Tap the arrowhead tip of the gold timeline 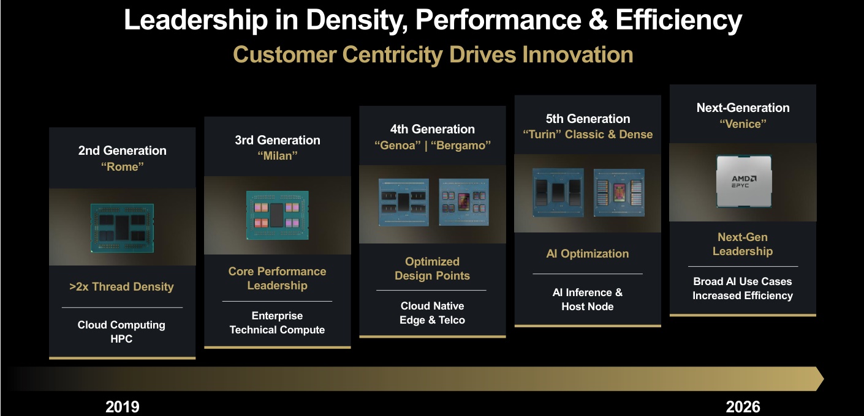coord(824,379)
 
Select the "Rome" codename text coord(123,167)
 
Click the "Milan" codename coord(278,156)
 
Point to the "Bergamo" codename coord(461,146)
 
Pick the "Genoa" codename coord(398,146)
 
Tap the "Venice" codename coord(743,124)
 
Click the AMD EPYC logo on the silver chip coord(744,182)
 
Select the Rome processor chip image coord(123,228)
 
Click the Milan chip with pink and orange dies coord(278,215)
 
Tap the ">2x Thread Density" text coord(121,287)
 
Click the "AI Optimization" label coord(588,254)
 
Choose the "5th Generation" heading coord(588,119)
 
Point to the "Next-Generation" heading coord(743,108)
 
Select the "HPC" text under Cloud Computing coord(121,339)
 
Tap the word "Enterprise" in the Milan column coord(278,316)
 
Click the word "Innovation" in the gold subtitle coord(578,54)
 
